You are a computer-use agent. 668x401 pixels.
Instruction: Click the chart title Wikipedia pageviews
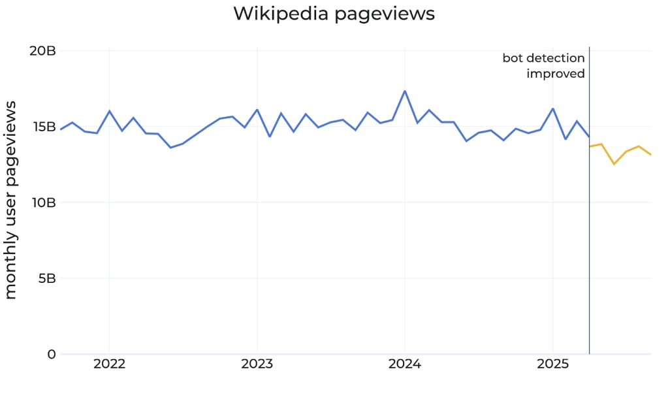334,14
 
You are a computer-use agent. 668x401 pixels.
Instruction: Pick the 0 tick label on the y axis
52,354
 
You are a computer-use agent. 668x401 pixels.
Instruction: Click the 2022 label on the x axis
109,364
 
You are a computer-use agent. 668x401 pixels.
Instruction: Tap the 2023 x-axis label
257,364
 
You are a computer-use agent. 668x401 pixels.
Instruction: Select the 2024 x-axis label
405,364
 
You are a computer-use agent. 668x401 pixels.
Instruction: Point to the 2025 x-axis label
552,364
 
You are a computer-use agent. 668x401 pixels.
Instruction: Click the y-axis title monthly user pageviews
11,202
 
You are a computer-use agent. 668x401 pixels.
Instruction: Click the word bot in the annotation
513,58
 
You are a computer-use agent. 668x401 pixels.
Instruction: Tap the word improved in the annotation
556,74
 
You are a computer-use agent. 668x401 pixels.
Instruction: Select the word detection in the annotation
556,58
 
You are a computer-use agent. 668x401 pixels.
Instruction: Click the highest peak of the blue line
405,91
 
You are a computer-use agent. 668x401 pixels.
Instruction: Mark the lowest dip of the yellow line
614,164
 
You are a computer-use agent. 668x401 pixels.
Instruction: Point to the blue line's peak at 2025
552,108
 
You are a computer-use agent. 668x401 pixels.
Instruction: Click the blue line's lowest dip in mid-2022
170,148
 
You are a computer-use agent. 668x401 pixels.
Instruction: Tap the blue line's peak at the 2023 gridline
257,110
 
